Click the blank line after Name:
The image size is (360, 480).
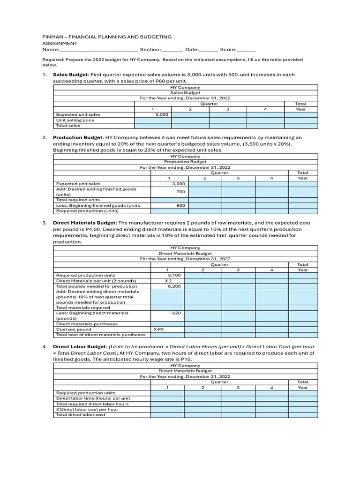98,49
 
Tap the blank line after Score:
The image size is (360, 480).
247,49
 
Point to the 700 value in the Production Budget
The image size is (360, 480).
180,192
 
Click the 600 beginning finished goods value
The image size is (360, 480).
180,205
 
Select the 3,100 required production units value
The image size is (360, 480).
174,275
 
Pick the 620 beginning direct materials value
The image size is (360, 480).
177,313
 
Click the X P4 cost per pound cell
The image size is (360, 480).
159,330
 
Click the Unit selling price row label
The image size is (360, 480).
75,120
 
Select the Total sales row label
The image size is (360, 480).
68,126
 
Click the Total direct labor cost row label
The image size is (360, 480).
81,414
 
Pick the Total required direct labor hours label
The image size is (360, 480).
92,404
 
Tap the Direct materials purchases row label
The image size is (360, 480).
87,324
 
